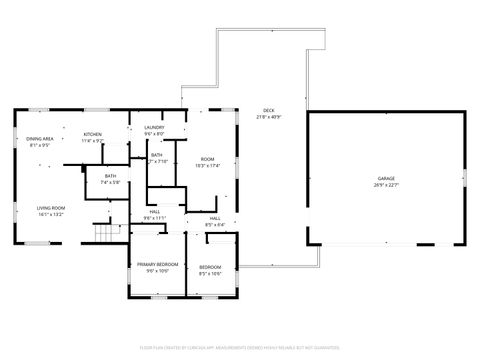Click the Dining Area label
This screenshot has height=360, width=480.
coord(41,139)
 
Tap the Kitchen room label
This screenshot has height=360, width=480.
coord(92,134)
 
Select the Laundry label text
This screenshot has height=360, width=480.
coord(154,127)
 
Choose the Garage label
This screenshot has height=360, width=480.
coord(386,178)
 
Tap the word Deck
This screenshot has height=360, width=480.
coord(268,110)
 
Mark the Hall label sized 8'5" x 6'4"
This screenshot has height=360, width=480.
coord(215,217)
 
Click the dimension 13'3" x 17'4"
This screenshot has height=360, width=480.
coord(207,166)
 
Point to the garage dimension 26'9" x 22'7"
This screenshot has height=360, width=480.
coord(386,185)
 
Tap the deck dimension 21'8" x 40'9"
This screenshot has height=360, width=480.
coord(268,117)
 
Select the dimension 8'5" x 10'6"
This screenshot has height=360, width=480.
coord(210,273)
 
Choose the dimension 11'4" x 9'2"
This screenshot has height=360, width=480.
coord(92,140)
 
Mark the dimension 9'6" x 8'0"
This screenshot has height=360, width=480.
coord(154,133)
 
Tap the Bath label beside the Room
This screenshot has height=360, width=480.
coord(157,155)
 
